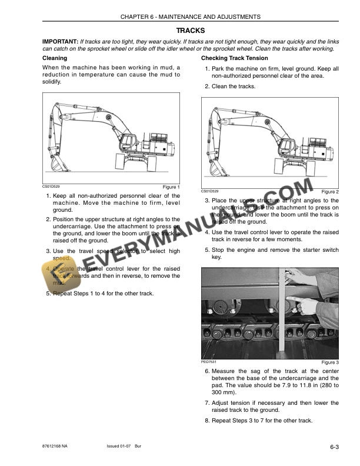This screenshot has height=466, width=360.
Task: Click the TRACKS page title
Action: click(x=190, y=30)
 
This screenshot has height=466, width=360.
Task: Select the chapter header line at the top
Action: click(x=190, y=17)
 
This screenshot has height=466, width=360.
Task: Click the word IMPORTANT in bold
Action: click(x=60, y=42)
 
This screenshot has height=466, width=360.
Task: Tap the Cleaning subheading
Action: click(x=55, y=58)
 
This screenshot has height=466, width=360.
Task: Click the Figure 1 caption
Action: click(x=171, y=187)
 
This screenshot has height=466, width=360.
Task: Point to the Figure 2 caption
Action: click(x=330, y=192)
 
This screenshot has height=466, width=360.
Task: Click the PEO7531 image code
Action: click(x=209, y=361)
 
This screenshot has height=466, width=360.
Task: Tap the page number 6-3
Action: click(x=334, y=448)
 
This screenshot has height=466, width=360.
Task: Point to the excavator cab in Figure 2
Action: click(x=287, y=145)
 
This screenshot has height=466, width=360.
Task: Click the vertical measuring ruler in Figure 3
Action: click(x=281, y=312)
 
